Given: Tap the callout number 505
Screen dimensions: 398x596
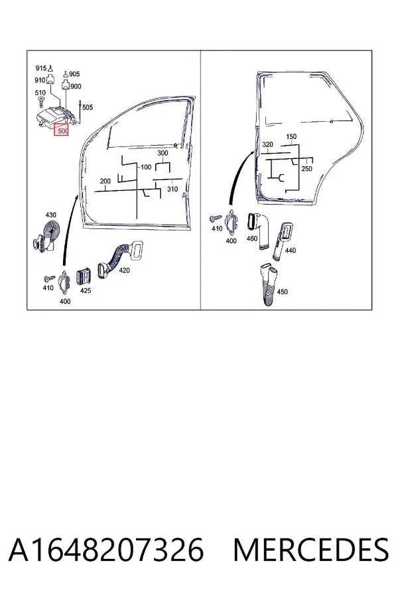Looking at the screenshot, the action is pos(88,107).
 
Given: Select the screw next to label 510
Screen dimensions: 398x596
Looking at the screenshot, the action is pos(41,101).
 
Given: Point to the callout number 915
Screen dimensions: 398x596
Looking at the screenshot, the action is pos(40,68).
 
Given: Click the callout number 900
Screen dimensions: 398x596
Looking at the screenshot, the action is pos(76,87).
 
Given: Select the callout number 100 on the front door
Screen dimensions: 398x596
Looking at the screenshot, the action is pos(146,168).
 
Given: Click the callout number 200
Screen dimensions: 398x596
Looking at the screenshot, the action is pos(105,181).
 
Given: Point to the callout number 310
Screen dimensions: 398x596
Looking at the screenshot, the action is pos(172,189).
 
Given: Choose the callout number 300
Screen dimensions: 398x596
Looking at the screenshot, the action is pos(163,153).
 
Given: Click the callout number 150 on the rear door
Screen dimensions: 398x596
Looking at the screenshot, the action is pos(291,136).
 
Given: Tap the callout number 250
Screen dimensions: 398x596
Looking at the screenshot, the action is pos(306,169).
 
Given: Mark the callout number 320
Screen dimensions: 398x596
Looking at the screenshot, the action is pos(268,145).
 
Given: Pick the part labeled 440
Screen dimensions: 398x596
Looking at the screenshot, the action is pos(282,241).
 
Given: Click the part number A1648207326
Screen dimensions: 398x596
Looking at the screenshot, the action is pos(106,550).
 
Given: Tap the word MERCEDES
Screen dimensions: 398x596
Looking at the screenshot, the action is pos(311,550).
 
